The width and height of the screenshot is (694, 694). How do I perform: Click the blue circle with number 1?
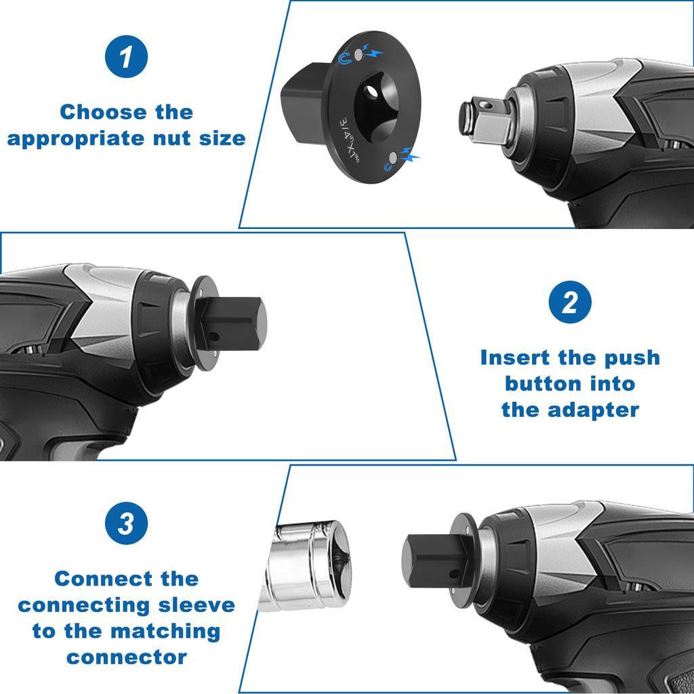pos(126,57)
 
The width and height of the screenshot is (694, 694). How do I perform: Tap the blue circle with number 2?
pos(569,302)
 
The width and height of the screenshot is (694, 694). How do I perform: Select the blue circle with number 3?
pos(126,524)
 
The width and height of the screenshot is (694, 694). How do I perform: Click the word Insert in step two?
pos(515,357)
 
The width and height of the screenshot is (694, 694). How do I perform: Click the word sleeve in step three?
pos(197,605)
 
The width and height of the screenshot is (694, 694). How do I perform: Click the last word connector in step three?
pos(126,657)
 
